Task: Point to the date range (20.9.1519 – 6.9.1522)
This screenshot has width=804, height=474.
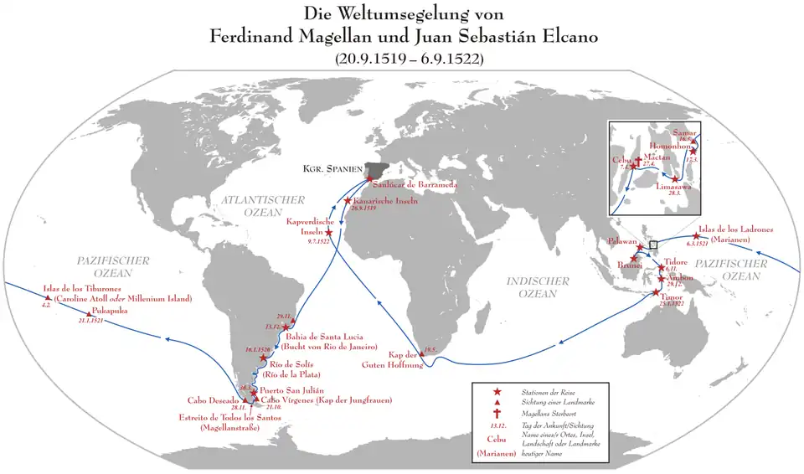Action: coord(402,59)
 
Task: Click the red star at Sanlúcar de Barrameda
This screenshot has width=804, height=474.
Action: coord(370,178)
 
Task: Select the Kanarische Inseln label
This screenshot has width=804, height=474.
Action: coord(386,202)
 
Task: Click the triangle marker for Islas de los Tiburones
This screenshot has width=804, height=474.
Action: coord(48,298)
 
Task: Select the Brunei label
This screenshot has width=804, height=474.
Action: coord(630,265)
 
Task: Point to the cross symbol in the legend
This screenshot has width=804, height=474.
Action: coord(497,413)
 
